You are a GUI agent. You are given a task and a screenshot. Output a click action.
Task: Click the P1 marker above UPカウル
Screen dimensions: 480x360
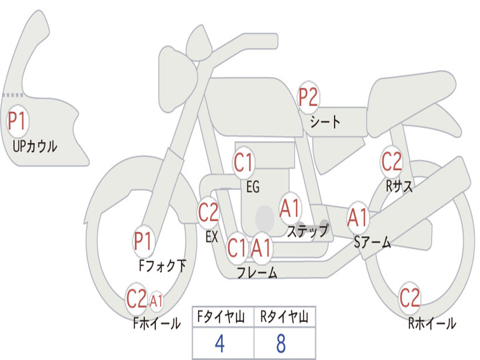(18, 121)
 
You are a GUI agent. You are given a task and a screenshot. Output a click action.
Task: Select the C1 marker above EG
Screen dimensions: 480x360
(244, 162)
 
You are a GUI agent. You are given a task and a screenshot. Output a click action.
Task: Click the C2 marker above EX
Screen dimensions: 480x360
(209, 212)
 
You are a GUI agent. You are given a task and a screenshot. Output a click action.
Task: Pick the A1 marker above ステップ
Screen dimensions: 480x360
(290, 209)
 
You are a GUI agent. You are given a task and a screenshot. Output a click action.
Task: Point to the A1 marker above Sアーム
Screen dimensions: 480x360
(358, 218)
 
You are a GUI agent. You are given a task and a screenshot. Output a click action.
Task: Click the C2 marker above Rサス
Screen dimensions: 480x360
(391, 161)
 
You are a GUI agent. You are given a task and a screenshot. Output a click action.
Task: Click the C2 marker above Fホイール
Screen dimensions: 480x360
(137, 299)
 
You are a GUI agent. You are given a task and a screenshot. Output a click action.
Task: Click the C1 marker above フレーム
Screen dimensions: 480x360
(237, 247)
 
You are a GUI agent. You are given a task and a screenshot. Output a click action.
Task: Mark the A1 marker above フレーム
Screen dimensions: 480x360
(262, 247)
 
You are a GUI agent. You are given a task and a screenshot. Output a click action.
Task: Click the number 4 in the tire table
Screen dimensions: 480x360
(220, 344)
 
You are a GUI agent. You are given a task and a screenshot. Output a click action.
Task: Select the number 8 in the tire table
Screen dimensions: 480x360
(281, 344)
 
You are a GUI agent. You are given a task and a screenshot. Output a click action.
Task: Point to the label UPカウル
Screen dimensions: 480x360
(35, 146)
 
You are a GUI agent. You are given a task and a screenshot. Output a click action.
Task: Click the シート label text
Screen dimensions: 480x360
(325, 122)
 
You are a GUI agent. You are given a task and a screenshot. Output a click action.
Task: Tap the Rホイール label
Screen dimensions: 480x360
(432, 323)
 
